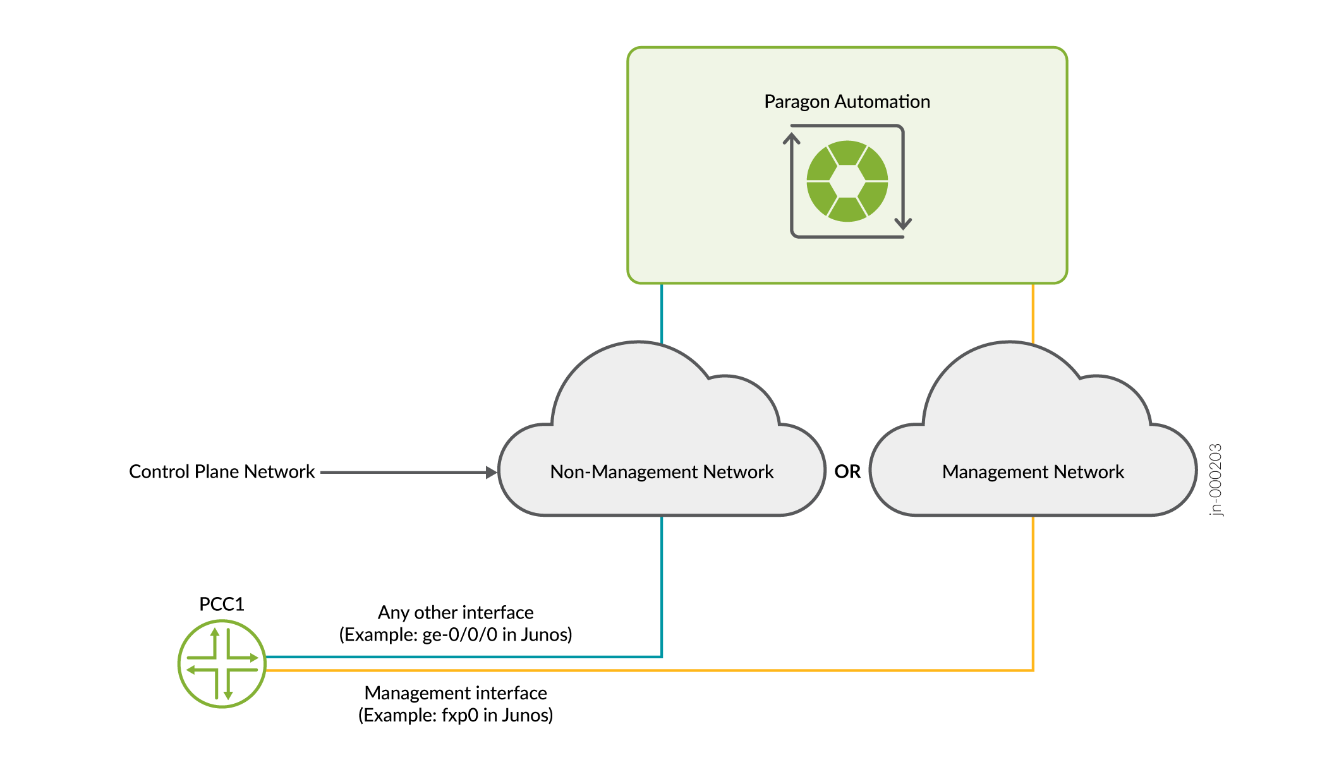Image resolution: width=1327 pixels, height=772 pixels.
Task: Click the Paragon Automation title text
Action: pyautogui.click(x=847, y=102)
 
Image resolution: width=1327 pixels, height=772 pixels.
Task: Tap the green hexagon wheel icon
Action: pyautogui.click(x=847, y=181)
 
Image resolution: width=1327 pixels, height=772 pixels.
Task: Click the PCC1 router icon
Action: pyautogui.click(x=222, y=664)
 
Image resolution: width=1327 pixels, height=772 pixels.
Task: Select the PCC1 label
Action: pyautogui.click(x=222, y=605)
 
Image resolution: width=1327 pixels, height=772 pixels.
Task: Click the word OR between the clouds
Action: pyautogui.click(x=847, y=472)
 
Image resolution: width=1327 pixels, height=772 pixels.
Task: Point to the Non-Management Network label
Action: pyautogui.click(x=662, y=472)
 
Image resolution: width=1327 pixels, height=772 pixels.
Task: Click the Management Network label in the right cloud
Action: pyautogui.click(x=1033, y=472)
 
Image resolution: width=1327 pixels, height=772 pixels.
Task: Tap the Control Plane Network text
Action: pyautogui.click(x=222, y=472)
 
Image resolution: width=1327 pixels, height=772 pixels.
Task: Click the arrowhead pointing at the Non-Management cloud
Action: pyautogui.click(x=491, y=473)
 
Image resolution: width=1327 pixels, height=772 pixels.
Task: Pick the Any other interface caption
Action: pyautogui.click(x=456, y=613)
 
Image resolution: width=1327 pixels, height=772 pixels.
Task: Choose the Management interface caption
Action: pyautogui.click(x=456, y=693)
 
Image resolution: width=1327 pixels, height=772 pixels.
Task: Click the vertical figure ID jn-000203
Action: pyautogui.click(x=1216, y=480)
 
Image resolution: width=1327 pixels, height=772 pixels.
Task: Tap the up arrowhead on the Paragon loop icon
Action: pyautogui.click(x=792, y=136)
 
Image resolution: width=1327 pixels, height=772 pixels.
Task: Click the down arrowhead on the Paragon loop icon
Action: pyautogui.click(x=903, y=224)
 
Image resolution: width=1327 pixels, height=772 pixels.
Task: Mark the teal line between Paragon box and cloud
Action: pyautogui.click(x=662, y=313)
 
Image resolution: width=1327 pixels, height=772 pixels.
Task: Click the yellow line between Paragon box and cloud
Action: pyautogui.click(x=1033, y=313)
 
